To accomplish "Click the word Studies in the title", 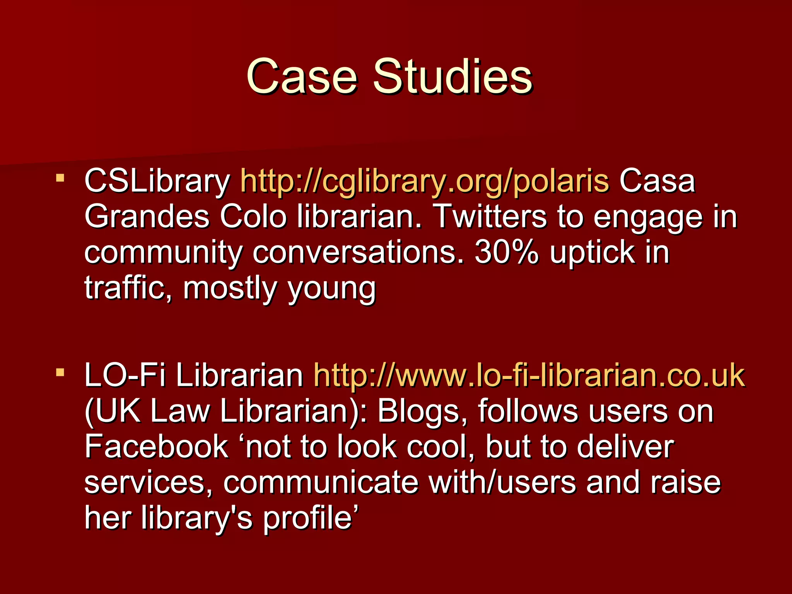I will click(x=452, y=76).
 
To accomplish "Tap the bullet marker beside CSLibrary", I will click(x=60, y=178).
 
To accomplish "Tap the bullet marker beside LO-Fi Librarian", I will click(x=60, y=373).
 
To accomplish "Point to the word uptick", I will click(x=592, y=253).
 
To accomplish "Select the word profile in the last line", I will click(x=308, y=518).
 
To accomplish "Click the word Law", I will click(x=180, y=411).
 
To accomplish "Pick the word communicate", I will click(x=321, y=483).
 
